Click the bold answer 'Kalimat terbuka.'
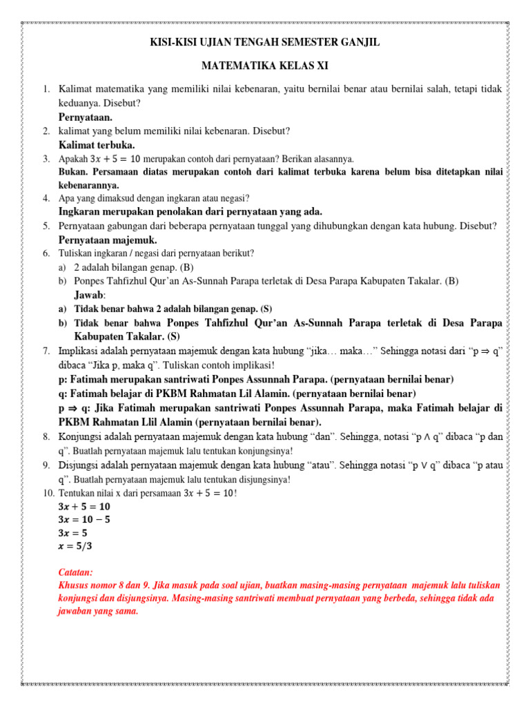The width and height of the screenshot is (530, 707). (97, 145)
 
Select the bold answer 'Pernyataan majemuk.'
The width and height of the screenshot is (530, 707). (108, 240)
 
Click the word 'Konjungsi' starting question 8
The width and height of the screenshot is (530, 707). (81, 437)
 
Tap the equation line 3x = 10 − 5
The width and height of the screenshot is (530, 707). (85, 519)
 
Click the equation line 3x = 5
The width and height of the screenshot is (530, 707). (74, 533)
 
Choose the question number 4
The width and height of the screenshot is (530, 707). (45, 198)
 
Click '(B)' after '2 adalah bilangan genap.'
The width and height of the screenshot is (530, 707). (188, 267)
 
